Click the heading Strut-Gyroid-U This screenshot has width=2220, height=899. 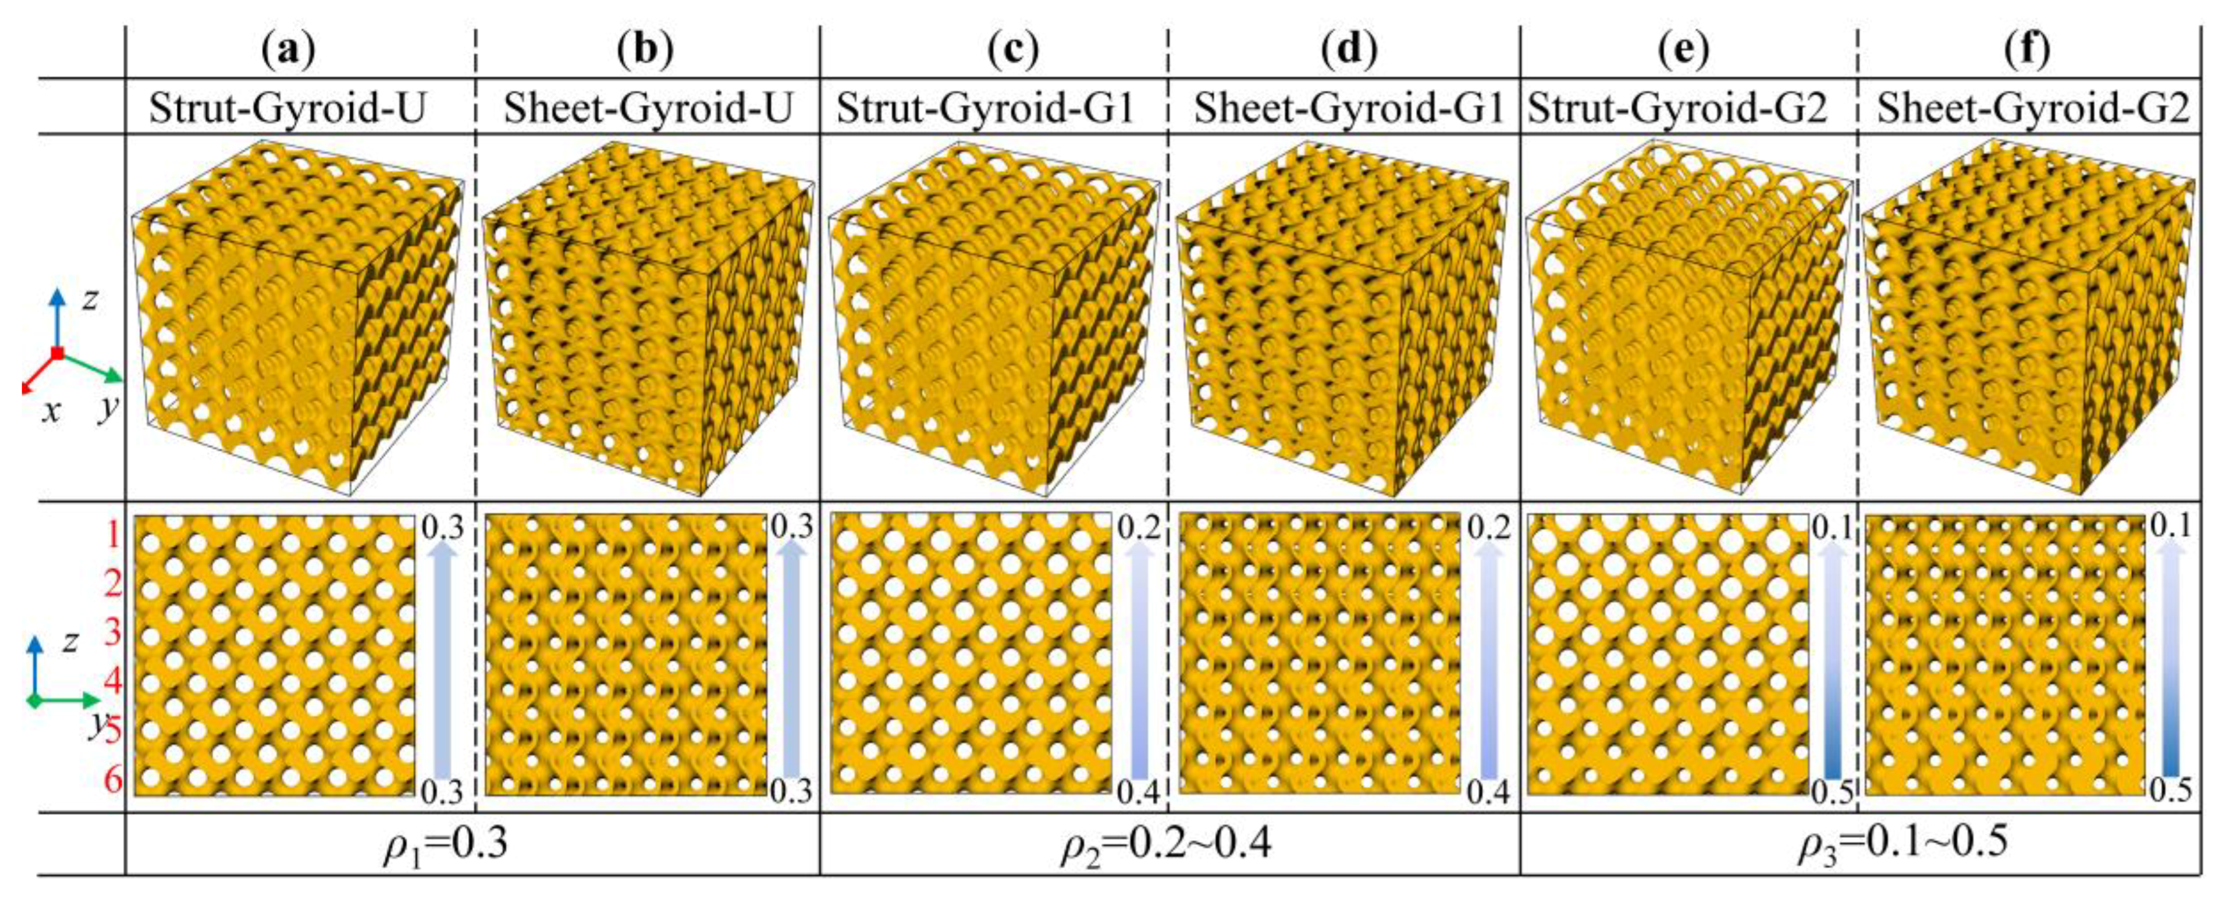(288, 109)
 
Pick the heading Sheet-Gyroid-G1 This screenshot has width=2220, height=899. (1349, 109)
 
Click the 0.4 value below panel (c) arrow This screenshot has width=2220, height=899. (1139, 790)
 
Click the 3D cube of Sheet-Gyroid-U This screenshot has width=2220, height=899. (646, 319)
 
